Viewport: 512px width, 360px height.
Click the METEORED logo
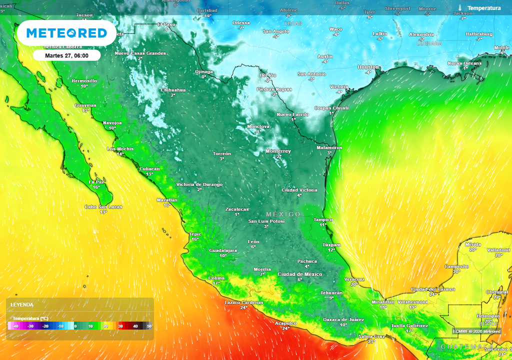(66, 33)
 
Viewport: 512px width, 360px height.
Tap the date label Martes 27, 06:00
(66, 55)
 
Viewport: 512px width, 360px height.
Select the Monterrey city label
(278, 151)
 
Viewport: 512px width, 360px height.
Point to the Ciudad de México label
(299, 274)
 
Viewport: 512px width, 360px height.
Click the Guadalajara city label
(222, 250)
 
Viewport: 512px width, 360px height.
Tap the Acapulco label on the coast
(285, 323)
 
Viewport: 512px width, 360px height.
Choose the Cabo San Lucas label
(103, 206)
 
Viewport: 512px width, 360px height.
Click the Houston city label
(368, 67)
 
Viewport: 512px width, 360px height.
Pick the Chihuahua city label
(173, 90)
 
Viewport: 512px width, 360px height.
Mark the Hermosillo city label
(84, 80)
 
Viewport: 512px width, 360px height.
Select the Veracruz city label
(354, 279)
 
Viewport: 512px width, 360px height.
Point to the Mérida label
(472, 244)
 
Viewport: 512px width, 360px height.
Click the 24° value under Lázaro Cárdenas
(243, 307)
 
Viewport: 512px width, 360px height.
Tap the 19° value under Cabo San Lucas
(103, 212)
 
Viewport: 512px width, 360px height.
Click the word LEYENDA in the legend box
(22, 304)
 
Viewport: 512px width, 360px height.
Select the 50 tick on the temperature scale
(149, 326)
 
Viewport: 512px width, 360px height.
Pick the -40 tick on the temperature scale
(15, 326)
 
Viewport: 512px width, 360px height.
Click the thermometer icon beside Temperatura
(459, 8)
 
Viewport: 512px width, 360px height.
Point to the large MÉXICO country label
(283, 214)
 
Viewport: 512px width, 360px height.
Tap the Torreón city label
(221, 153)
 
